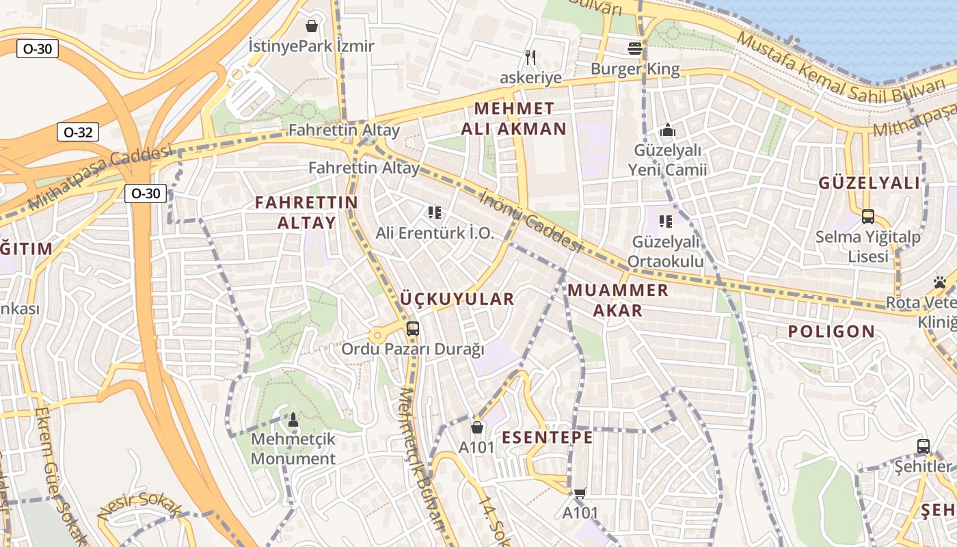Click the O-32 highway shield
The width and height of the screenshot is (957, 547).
(78, 132)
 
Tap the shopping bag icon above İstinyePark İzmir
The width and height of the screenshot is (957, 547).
(312, 26)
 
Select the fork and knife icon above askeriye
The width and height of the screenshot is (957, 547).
(530, 57)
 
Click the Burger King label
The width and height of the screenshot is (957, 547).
(635, 69)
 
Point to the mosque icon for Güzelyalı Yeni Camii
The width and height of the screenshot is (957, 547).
(667, 130)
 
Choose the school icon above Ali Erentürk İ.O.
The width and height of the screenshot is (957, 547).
(435, 213)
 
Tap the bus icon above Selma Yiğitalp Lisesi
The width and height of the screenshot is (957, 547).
(868, 217)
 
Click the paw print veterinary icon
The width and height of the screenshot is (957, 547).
(939, 282)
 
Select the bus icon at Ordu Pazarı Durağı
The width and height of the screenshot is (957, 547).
(412, 328)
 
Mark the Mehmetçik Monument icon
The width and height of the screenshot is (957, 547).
(293, 419)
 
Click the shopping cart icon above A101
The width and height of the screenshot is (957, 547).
(580, 493)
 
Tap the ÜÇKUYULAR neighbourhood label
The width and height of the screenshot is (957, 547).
(457, 299)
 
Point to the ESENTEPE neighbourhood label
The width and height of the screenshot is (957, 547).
(548, 438)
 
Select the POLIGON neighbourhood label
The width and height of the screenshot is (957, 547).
(831, 332)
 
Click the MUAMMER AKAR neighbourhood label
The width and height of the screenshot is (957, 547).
(618, 300)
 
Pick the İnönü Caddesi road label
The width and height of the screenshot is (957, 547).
(530, 221)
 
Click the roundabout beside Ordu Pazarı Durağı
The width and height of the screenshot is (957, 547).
(377, 336)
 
